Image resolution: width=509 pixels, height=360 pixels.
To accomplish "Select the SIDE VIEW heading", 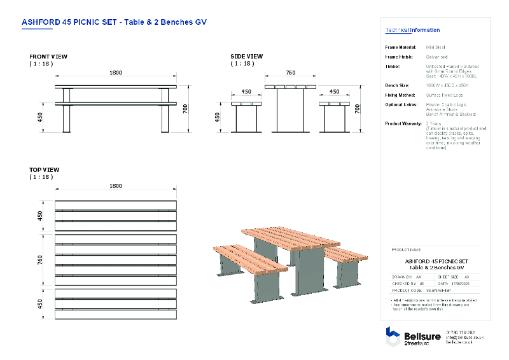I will coord(246,57).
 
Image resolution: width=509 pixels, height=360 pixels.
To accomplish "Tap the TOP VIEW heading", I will coord(44,170).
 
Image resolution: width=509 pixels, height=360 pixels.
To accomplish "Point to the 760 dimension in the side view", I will coord(290,73).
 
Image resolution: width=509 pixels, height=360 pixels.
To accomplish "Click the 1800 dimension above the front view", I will coord(115,73).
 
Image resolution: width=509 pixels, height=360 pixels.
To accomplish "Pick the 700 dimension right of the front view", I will coord(186,109).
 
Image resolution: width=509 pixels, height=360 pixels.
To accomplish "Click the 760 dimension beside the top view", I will coord(39,261).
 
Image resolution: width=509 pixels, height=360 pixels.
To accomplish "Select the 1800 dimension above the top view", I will coord(115,186).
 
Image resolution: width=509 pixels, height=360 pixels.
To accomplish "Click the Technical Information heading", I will coord(412,30).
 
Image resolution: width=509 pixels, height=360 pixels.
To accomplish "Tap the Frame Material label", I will coord(401,47).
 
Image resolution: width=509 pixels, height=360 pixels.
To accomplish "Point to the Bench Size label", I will coord(399,85).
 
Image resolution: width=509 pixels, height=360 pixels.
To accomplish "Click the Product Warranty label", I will coord(405,123).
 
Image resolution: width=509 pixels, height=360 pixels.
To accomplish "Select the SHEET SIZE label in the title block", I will coord(449,277).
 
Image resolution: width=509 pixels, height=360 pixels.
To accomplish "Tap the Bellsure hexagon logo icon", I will coord(393,335).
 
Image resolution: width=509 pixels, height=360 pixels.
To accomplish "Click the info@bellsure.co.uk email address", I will coord(465,337).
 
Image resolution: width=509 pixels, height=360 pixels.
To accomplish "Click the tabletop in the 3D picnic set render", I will coord(289,237).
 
